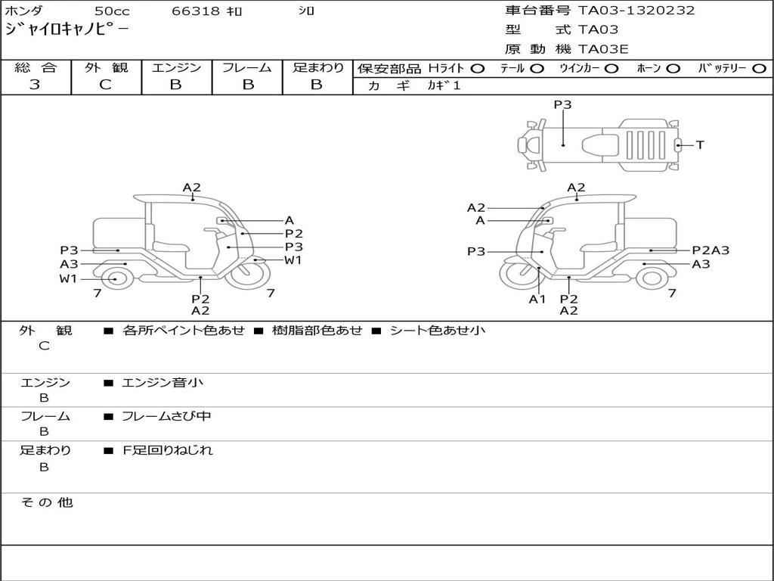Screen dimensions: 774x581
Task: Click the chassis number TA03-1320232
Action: pyautogui.click(x=636, y=11)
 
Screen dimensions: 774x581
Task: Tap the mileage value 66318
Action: pyautogui.click(x=196, y=11)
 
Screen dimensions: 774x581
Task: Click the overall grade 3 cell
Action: pyautogui.click(x=36, y=85)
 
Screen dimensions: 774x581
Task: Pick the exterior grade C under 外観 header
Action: pyautogui.click(x=106, y=85)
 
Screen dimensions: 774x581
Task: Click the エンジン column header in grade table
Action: pyautogui.click(x=176, y=67)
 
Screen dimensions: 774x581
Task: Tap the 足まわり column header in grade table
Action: pyautogui.click(x=317, y=67)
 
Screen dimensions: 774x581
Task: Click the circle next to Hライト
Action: pyautogui.click(x=477, y=68)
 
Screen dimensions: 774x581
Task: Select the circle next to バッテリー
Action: pyautogui.click(x=759, y=68)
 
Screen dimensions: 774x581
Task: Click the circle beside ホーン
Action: pyautogui.click(x=673, y=68)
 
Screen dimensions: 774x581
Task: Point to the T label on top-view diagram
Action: pyautogui.click(x=700, y=144)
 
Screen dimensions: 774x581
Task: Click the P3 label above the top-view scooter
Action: pyautogui.click(x=562, y=105)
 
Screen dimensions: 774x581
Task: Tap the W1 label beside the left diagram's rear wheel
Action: pyautogui.click(x=69, y=278)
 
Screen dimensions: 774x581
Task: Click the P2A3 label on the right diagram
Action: pyautogui.click(x=711, y=250)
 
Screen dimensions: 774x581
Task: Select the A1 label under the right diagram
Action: pyautogui.click(x=537, y=299)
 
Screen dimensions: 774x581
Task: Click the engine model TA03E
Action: pyautogui.click(x=603, y=50)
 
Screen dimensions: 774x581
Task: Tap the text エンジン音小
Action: pyautogui.click(x=163, y=383)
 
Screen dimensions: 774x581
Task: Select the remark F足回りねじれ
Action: pyautogui.click(x=168, y=450)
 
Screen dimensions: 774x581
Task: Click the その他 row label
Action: pyautogui.click(x=46, y=502)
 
